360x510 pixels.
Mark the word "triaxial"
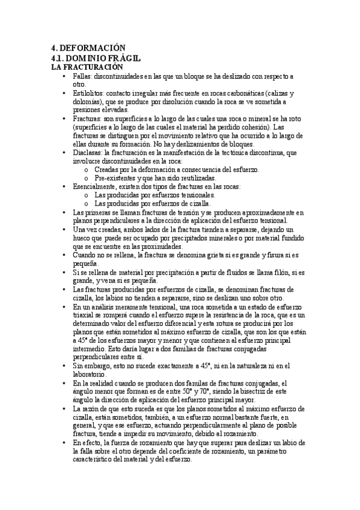pos(84,315)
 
